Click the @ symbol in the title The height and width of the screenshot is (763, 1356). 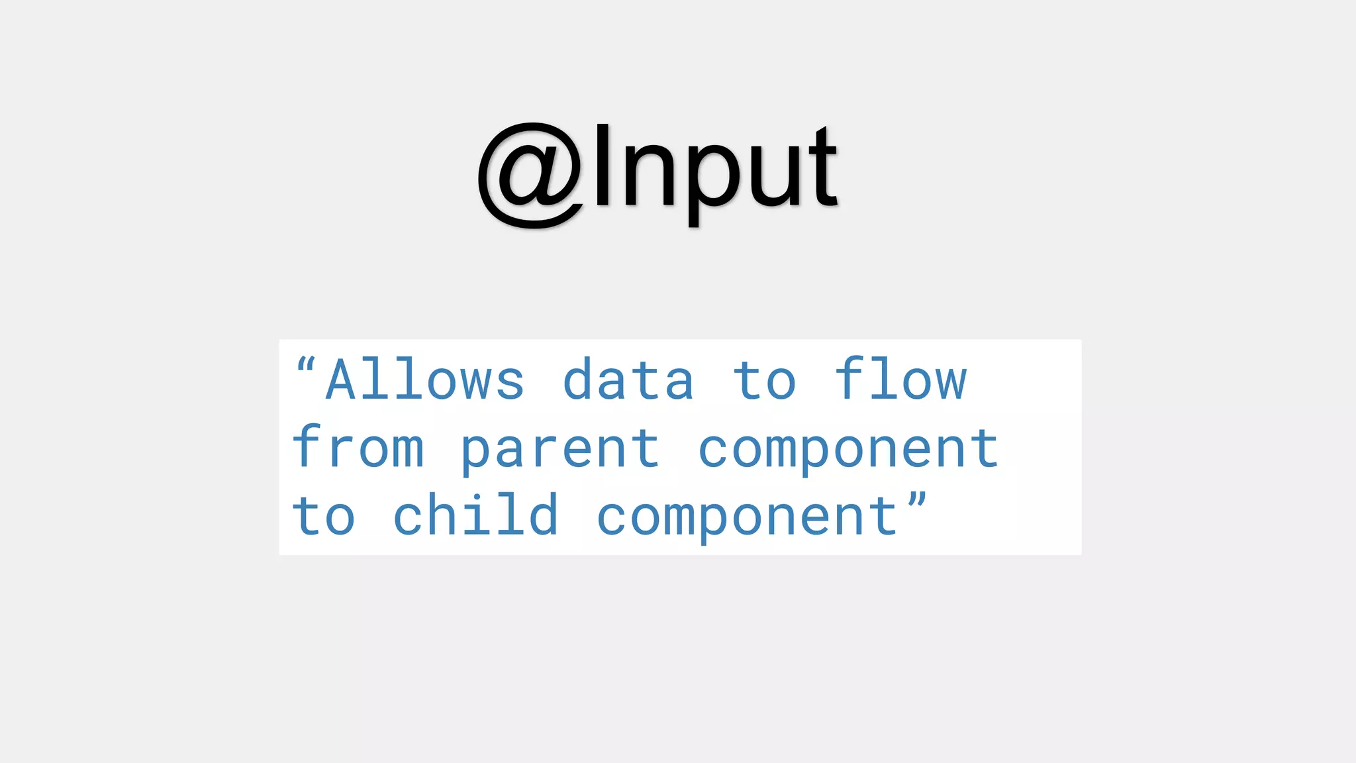point(531,176)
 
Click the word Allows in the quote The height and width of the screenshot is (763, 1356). point(425,380)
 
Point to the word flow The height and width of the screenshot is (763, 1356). point(900,380)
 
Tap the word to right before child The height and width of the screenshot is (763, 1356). point(324,517)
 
